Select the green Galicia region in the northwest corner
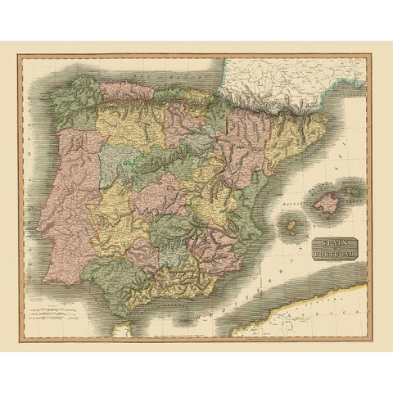click(x=70, y=106)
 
